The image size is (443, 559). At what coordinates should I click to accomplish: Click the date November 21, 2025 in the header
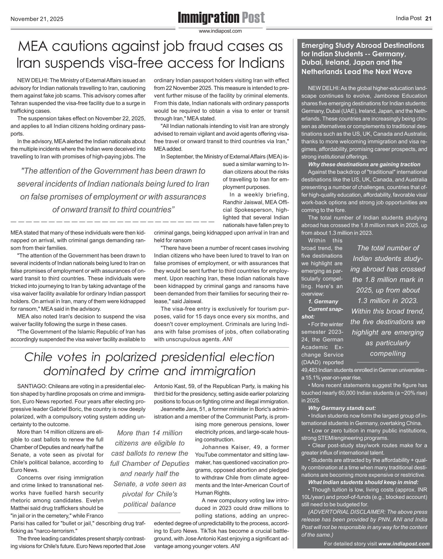pyautogui.click(x=37, y=19)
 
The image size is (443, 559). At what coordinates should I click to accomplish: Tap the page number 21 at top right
pyautogui.click(x=428, y=18)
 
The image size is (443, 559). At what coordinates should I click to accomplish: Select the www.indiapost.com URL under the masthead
pyautogui.click(x=221, y=31)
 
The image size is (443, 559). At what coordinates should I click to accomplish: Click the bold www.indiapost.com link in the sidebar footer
pyautogui.click(x=404, y=544)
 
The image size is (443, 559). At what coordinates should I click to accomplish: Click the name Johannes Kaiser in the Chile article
pyautogui.click(x=225, y=447)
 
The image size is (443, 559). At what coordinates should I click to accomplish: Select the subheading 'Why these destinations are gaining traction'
pyautogui.click(x=364, y=164)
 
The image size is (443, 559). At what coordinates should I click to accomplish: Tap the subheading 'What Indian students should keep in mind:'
pyautogui.click(x=363, y=482)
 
